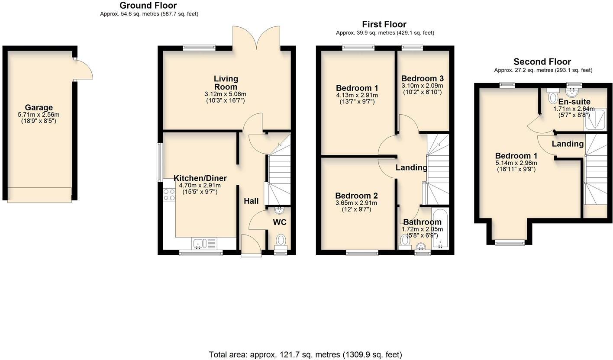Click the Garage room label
point(39,107)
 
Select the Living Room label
point(226,82)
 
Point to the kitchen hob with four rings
point(169,195)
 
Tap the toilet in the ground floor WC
point(281,241)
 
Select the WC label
point(279,222)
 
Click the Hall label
point(251,201)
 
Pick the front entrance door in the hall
point(251,245)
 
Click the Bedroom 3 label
point(422,78)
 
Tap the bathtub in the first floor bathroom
point(440,229)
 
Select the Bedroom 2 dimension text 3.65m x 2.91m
point(356,203)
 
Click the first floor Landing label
point(411,167)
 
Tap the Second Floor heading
point(542,61)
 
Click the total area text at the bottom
point(305,355)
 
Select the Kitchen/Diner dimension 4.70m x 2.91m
point(200,185)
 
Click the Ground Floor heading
point(148,5)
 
